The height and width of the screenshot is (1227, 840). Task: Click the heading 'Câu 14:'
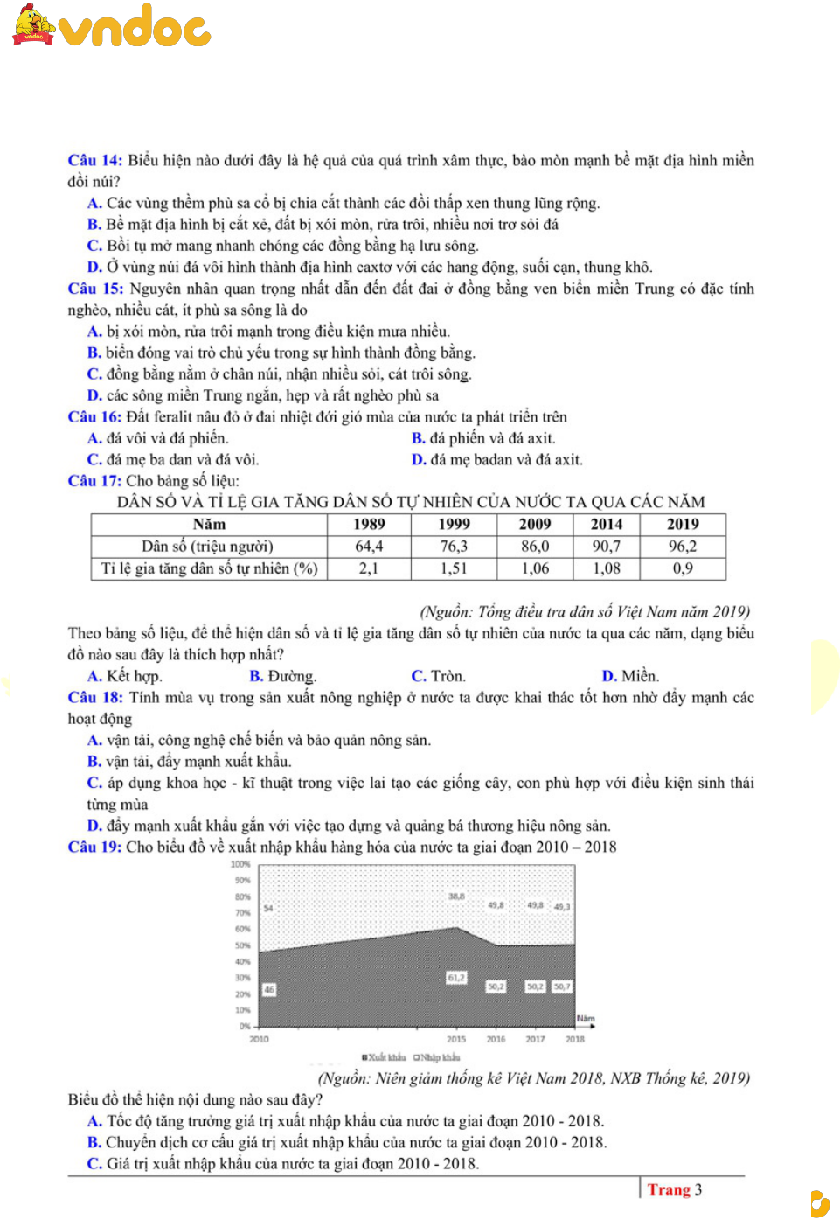[94, 160]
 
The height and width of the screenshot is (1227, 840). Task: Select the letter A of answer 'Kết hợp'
[94, 676]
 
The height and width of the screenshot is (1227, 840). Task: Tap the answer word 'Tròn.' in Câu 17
[448, 676]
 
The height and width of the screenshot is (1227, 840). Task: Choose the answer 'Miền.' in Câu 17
[640, 676]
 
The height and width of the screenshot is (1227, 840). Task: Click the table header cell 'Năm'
[209, 525]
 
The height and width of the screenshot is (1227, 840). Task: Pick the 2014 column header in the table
[606, 525]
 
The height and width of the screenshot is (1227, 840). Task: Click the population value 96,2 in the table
[683, 547]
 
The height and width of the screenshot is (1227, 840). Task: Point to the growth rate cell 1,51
[454, 568]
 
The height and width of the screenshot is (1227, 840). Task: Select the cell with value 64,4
[369, 547]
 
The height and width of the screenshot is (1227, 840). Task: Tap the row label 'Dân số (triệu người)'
[208, 547]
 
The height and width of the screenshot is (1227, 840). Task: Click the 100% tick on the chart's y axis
[240, 864]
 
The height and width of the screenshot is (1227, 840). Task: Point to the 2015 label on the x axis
[456, 1039]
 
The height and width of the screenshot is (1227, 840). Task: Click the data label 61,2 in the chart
[456, 978]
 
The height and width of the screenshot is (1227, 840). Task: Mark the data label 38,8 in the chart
[456, 896]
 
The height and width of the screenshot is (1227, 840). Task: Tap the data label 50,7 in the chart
[562, 986]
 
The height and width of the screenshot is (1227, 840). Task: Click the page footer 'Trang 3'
[674, 1189]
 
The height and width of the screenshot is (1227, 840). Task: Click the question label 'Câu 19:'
[94, 847]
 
